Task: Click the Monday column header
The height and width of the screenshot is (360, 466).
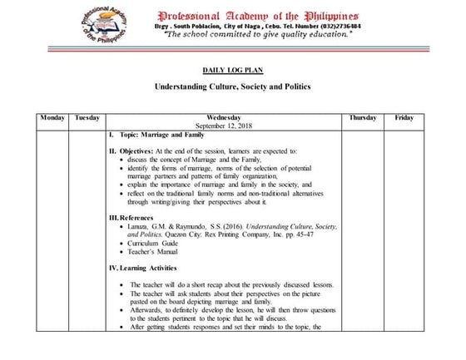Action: pos(52,118)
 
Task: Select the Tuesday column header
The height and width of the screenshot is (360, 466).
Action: pos(87,118)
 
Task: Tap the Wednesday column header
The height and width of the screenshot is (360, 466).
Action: pos(225,118)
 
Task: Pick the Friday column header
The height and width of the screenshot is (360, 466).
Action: pos(404,118)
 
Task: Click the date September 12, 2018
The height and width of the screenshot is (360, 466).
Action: pos(225,126)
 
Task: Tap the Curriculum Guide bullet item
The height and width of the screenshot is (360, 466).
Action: pos(158,243)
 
